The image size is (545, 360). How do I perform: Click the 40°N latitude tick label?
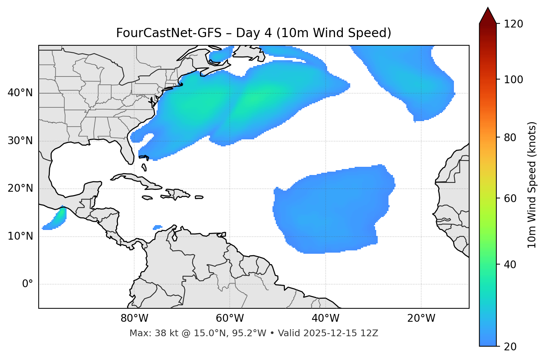20,93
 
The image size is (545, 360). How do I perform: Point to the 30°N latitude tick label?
20,141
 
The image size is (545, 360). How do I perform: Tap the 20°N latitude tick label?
20,189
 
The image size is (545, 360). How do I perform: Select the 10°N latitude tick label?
20,236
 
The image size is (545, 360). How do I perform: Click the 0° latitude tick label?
28,284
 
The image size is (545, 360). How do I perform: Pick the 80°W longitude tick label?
134,318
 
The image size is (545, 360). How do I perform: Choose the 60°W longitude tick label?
230,318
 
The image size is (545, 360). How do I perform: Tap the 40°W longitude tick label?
325,318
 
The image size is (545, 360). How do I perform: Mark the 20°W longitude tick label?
421,318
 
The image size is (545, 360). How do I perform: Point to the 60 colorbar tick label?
510,198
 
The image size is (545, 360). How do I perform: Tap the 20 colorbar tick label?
510,346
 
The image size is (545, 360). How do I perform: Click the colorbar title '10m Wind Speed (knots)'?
532,185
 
